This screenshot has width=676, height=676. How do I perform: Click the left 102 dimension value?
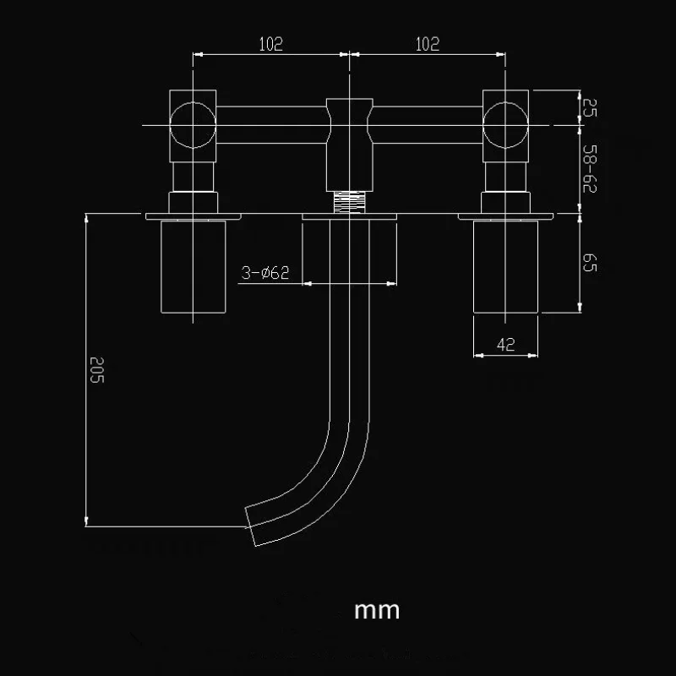[x=271, y=45]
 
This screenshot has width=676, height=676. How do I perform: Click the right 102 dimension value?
[x=428, y=45]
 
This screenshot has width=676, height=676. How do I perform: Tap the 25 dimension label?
[x=590, y=106]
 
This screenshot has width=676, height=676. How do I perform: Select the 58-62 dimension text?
[x=590, y=170]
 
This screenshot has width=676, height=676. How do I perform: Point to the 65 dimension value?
[x=590, y=263]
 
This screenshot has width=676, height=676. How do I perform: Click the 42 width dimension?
[x=505, y=344]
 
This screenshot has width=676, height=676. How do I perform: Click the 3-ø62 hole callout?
[x=264, y=272]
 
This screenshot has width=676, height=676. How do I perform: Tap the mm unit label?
[x=377, y=609]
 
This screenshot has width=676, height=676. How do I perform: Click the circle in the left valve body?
[x=194, y=125]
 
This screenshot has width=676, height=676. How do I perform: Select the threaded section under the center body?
[x=349, y=202]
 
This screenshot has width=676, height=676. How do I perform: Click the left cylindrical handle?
[x=194, y=265]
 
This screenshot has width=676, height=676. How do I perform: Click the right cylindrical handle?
[x=505, y=265]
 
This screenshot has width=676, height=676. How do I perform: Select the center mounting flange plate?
[x=349, y=217]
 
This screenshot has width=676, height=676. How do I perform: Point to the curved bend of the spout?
[x=330, y=456]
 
